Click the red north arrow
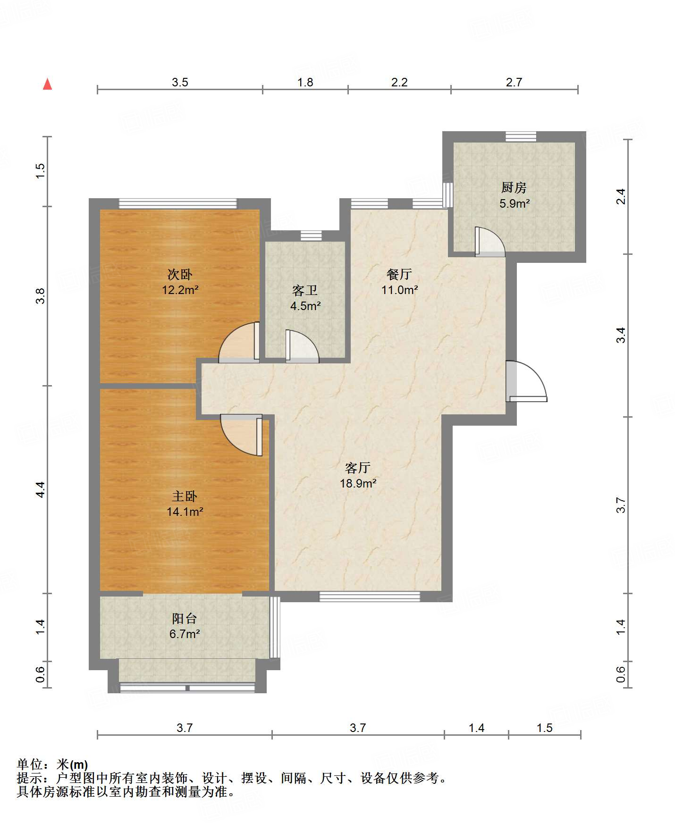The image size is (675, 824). (x=47, y=84)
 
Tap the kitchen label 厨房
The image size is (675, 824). (x=514, y=188)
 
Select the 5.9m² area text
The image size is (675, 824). (x=515, y=204)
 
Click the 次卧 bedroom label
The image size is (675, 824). (x=180, y=274)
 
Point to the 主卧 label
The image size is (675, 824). (x=184, y=496)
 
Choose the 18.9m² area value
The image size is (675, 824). (x=358, y=483)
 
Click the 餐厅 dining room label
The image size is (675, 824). (x=399, y=274)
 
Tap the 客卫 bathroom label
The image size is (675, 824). (x=305, y=290)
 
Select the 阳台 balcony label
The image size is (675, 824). (x=184, y=618)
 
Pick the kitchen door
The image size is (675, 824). (x=489, y=241)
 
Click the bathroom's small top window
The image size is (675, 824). (x=311, y=235)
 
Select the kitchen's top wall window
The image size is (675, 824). (x=521, y=136)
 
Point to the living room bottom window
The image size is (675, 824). (x=370, y=597)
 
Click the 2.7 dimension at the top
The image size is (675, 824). (x=514, y=82)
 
